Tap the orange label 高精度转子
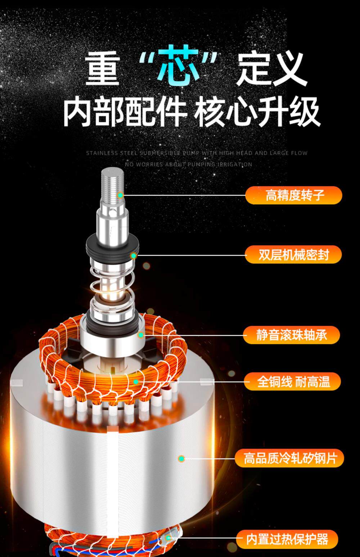point(293,195)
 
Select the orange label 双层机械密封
point(293,254)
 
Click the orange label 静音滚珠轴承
point(291,335)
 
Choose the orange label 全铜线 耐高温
point(292,381)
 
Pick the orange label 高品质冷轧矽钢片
point(289,458)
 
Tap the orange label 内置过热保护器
point(287,539)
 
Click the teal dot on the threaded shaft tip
point(120,195)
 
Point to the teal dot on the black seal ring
point(134,255)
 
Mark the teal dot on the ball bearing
point(141,335)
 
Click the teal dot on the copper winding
point(136,382)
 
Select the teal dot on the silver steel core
point(181,458)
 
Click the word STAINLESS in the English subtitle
point(102,153)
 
